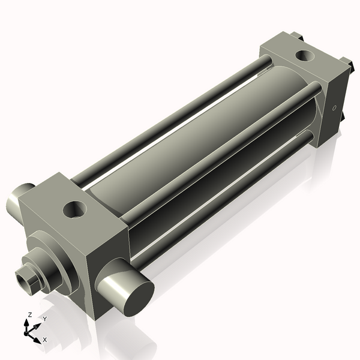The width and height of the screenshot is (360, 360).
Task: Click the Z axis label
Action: coord(29,314)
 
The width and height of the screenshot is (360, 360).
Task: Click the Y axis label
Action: coord(44,319)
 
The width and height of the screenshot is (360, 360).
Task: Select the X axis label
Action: coord(45,340)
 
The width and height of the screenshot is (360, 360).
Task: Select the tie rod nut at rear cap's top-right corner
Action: coord(346,62)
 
